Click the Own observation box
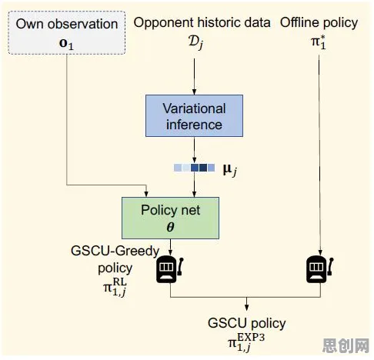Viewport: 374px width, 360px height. click(67, 32)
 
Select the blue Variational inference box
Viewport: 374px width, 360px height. click(194, 115)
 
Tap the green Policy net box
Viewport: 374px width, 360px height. click(170, 218)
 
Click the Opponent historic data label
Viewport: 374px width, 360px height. click(202, 23)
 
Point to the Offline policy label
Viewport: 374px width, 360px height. click(319, 23)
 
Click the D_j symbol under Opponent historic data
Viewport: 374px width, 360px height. click(196, 42)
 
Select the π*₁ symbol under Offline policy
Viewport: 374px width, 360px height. click(319, 42)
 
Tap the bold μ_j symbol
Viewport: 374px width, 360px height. click(230, 169)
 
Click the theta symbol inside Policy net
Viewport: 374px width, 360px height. click(170, 227)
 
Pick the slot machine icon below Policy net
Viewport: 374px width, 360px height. click(169, 269)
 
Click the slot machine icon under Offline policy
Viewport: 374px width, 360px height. click(319, 269)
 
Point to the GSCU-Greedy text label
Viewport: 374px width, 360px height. click(115, 251)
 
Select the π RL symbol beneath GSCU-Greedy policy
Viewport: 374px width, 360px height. click(115, 287)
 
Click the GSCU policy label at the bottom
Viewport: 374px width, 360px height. click(246, 323)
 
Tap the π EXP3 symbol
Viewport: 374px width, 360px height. click(246, 342)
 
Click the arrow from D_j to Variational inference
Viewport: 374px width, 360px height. click(194, 76)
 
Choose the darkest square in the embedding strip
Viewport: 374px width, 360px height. click(203, 168)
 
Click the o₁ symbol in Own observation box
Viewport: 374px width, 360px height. click(66, 44)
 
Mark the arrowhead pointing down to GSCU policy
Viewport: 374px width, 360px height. click(246, 308)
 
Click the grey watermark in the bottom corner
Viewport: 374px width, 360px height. click(346, 345)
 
